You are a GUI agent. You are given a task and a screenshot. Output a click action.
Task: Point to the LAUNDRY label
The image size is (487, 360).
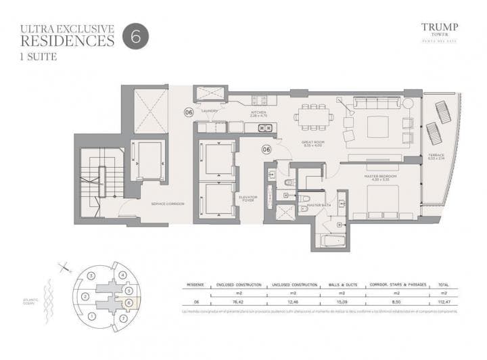pos(210,111)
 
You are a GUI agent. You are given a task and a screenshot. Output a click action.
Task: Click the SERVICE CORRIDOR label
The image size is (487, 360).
pos(168,204)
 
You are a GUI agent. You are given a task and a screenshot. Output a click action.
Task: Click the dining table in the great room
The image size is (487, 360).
pos(312,116)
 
